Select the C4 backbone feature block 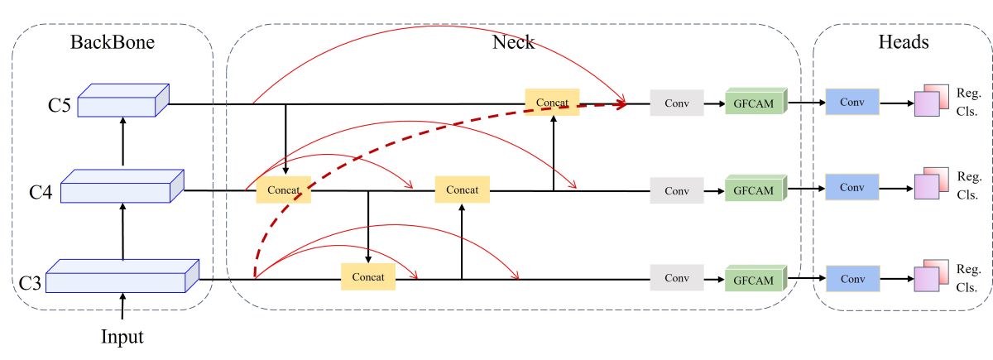[x=121, y=188]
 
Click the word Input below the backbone [x=122, y=337]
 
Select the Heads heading [x=903, y=41]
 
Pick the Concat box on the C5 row [x=552, y=102]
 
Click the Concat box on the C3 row [x=368, y=276]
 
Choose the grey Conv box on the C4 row [x=677, y=191]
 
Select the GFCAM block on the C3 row [x=754, y=280]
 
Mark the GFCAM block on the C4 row [x=754, y=190]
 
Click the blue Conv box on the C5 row [x=851, y=102]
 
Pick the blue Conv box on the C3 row [x=851, y=279]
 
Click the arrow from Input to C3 [x=122, y=308]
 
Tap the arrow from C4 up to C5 [x=122, y=142]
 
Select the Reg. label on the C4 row [x=968, y=176]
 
